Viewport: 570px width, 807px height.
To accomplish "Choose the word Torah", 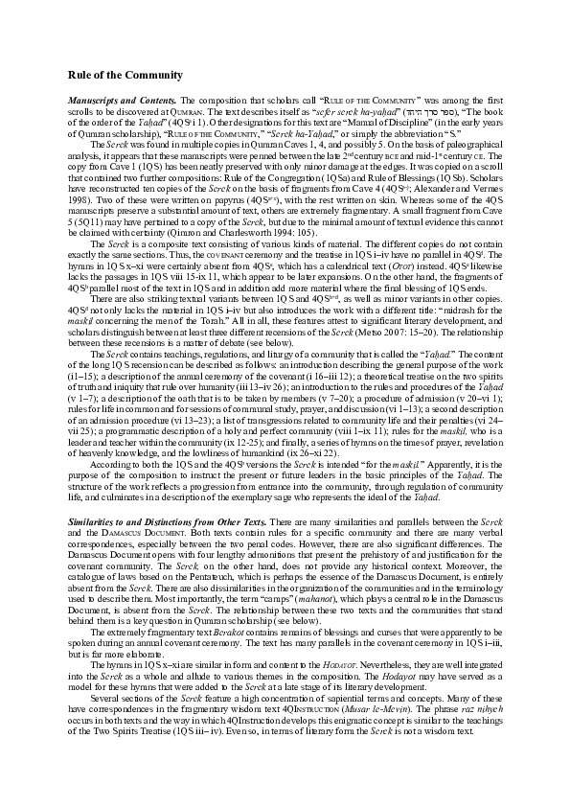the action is (240, 322).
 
